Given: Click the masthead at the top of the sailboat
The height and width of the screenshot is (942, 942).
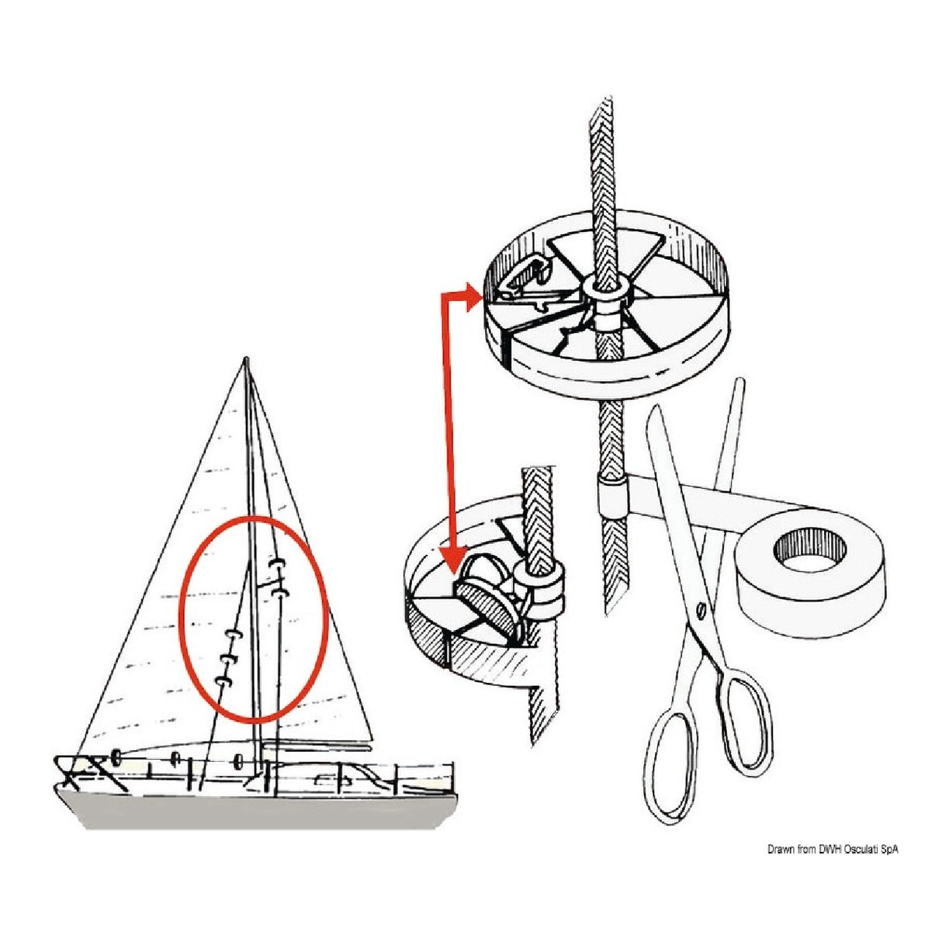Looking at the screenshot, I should point(246,360).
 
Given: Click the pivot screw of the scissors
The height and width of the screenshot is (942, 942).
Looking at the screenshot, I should point(701,611).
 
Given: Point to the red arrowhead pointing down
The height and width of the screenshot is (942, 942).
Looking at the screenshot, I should point(450,559).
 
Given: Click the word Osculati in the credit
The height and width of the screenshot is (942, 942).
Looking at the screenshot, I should point(854,850).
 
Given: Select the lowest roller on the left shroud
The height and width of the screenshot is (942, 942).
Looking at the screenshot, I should point(223,682).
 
